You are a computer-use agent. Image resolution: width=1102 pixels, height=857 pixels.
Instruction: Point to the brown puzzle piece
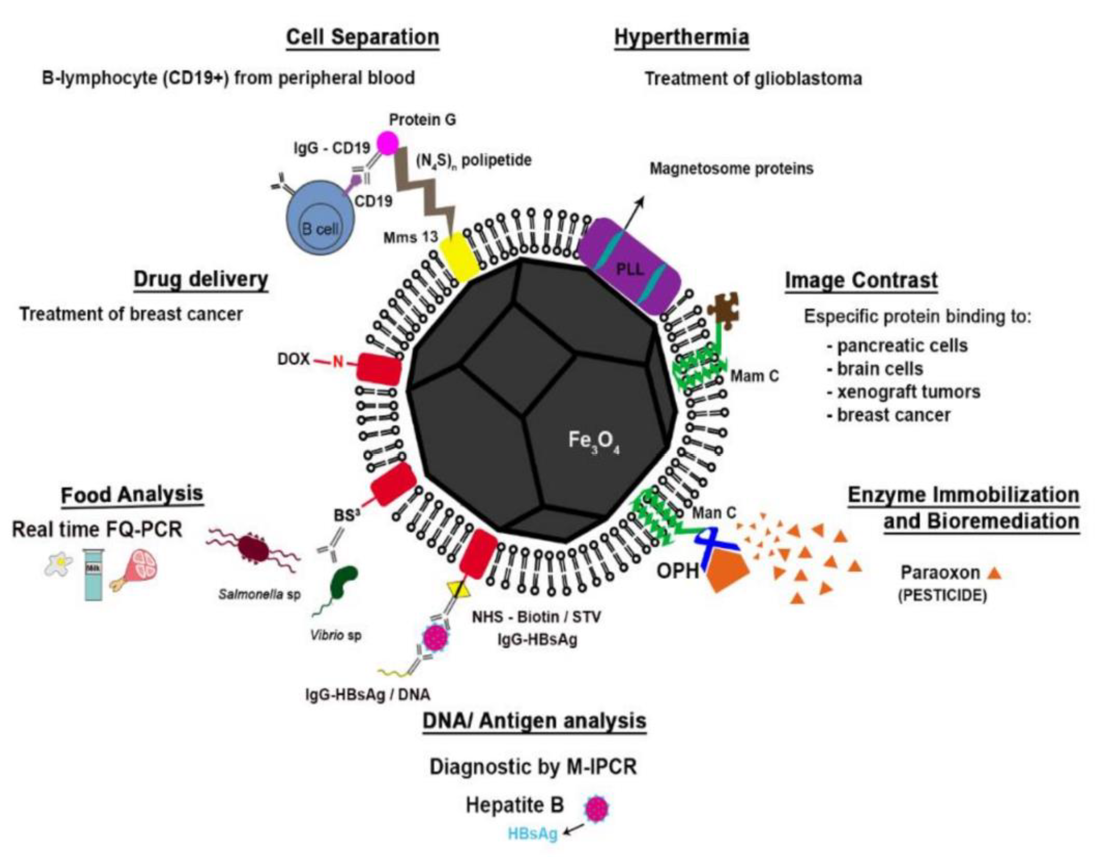point(723,308)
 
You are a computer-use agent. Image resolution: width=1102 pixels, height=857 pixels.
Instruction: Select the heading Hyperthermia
point(682,38)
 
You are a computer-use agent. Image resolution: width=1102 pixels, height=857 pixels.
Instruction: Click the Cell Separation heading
point(363,38)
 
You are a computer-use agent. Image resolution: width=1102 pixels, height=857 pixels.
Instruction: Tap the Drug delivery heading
point(201,280)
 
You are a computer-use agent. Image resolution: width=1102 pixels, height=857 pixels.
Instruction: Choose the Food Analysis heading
point(132,495)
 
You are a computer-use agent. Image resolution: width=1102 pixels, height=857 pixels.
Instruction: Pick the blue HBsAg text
point(533,834)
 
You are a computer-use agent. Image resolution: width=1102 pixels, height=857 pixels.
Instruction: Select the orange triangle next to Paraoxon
point(994,572)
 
